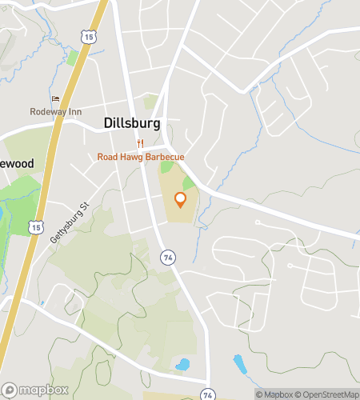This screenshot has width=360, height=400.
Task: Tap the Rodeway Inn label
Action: click(x=56, y=112)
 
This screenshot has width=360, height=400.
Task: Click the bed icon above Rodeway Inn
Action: click(x=55, y=99)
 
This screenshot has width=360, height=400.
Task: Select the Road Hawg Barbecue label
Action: click(x=141, y=157)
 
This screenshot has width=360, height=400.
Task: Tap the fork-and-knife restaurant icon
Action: click(x=140, y=143)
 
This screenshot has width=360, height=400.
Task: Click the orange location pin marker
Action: click(x=181, y=200)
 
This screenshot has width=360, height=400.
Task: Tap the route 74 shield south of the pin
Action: click(x=167, y=257)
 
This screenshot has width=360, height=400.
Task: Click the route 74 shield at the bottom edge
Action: click(x=208, y=394)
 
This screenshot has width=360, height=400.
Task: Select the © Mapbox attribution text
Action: click(x=274, y=394)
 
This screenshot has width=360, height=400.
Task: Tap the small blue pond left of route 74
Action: click(x=182, y=365)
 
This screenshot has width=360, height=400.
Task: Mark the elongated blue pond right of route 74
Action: click(x=240, y=366)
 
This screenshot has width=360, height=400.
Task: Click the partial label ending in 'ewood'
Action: click(x=17, y=163)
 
